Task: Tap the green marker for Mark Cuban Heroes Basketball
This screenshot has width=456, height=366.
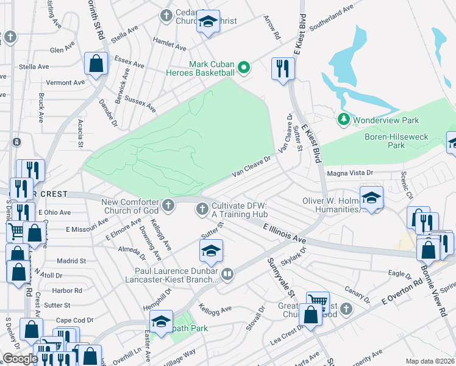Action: coord(243,67)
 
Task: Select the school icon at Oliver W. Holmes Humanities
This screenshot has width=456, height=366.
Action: coord(371,197)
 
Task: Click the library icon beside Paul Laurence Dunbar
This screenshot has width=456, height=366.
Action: coord(227,274)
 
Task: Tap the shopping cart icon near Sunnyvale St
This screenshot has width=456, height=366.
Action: coord(318,301)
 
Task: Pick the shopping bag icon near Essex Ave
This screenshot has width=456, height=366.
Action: coord(96,62)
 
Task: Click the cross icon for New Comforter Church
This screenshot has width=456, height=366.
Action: coord(169,203)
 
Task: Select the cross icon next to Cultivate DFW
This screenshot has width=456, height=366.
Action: coord(202,209)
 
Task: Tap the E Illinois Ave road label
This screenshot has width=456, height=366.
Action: coord(285,232)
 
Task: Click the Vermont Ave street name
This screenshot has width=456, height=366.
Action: coord(65,82)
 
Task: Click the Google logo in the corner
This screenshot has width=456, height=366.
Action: coord(20,359)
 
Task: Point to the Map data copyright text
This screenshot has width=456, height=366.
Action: coord(430,361)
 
